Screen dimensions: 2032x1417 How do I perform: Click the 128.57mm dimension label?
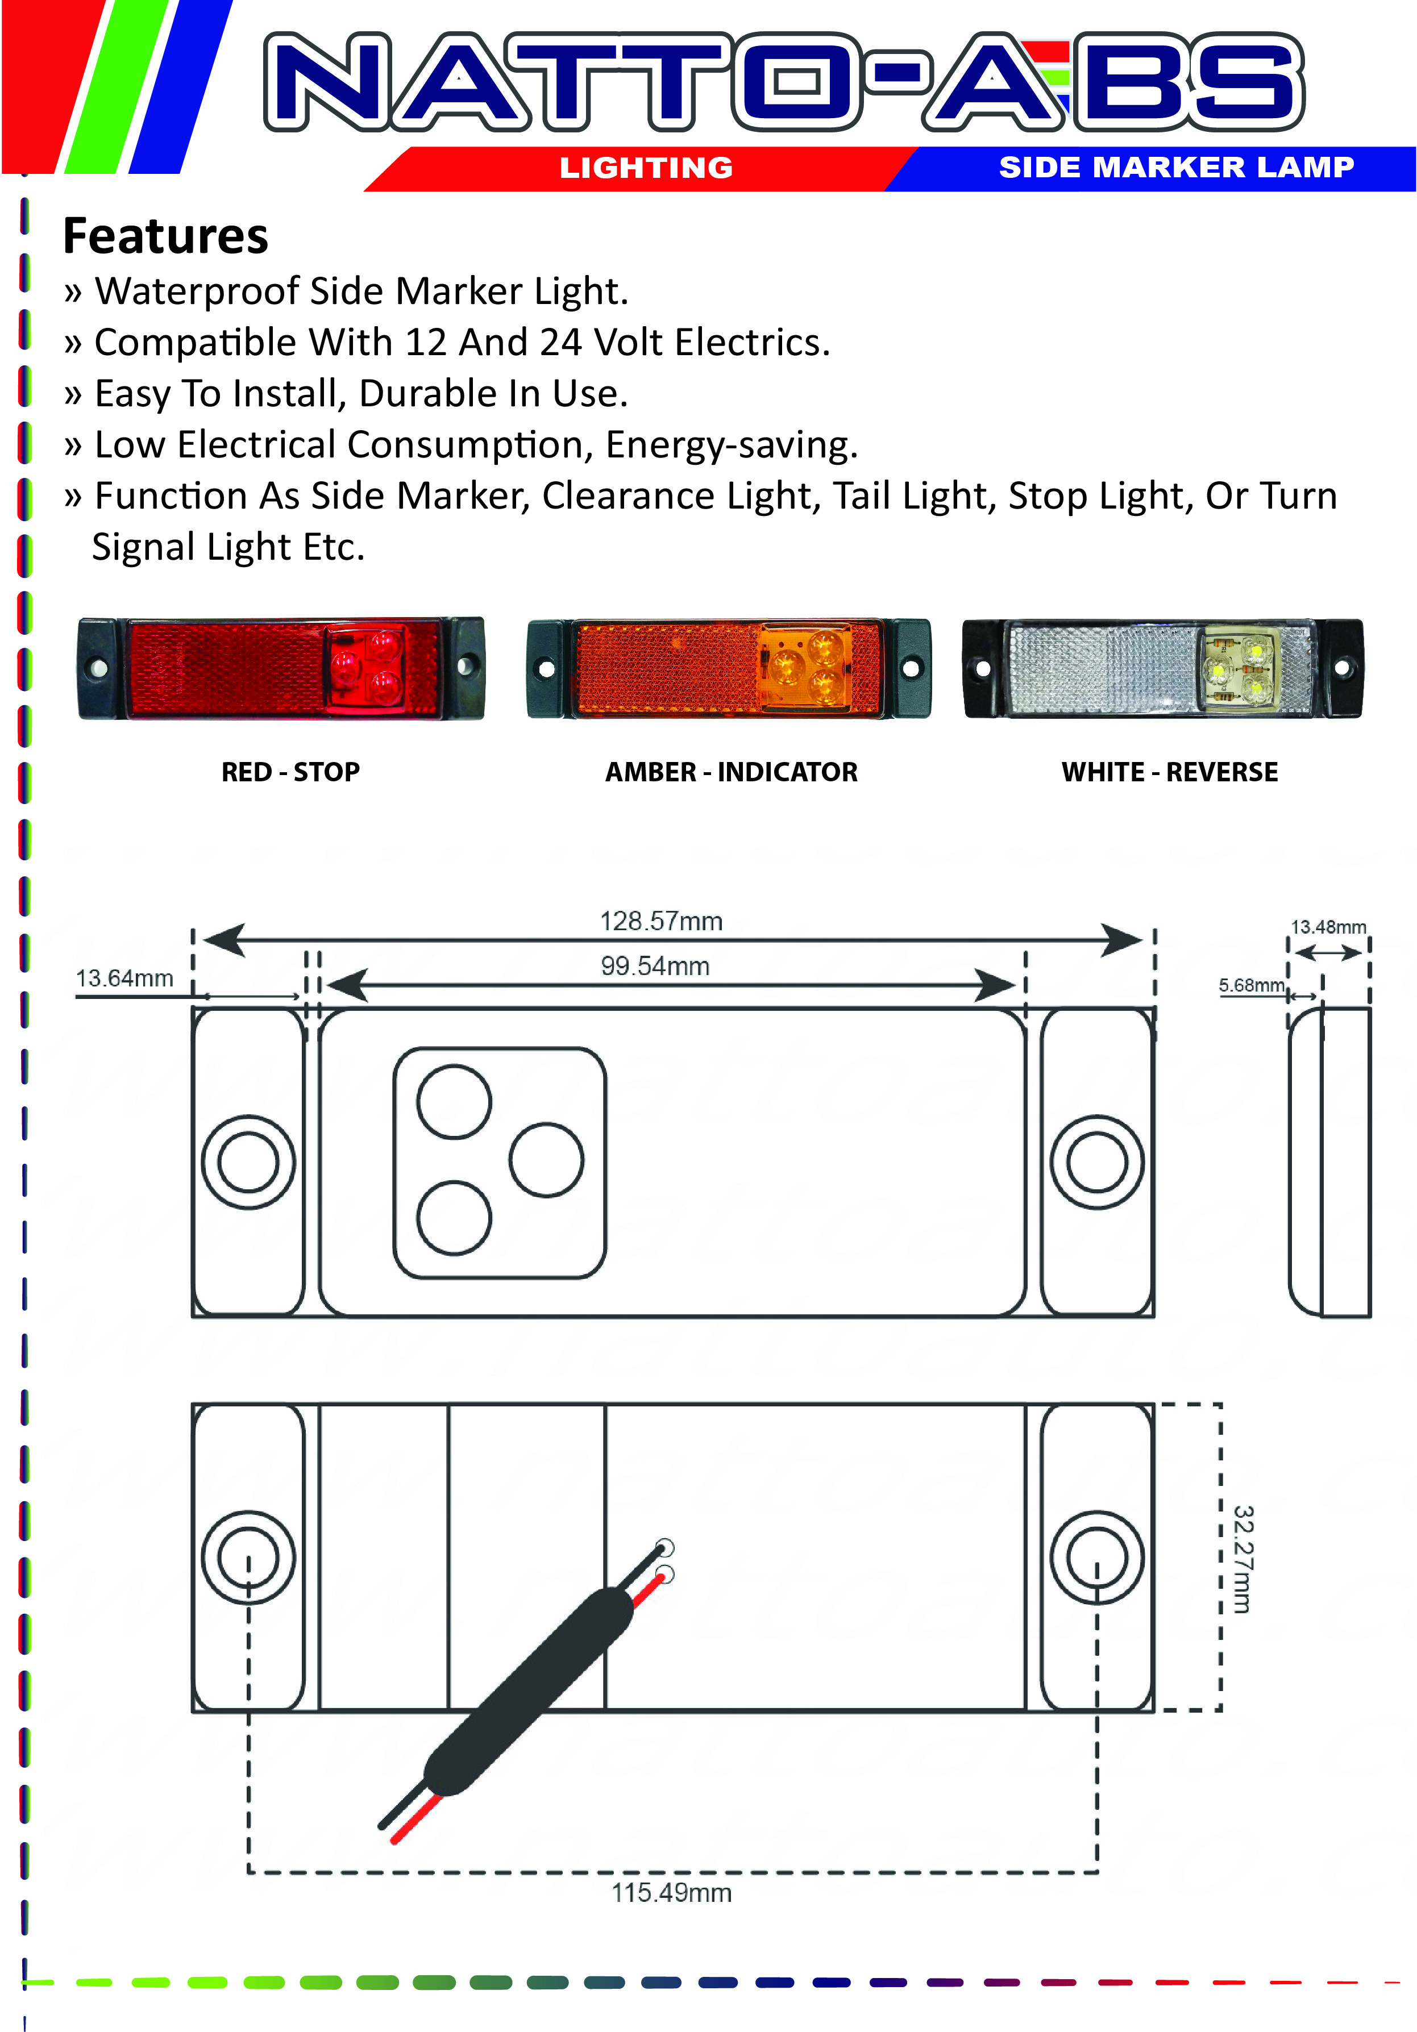click(x=661, y=921)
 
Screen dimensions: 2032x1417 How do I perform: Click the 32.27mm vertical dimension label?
click(x=1243, y=1559)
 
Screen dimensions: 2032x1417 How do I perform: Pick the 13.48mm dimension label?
click(x=1328, y=927)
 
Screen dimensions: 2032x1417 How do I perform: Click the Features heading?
click(x=165, y=236)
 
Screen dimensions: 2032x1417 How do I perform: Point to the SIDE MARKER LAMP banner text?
click(x=1176, y=166)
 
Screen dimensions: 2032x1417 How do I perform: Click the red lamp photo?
click(x=281, y=668)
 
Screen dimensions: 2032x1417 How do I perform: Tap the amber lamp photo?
click(x=729, y=668)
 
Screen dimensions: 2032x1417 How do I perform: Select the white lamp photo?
click(x=1163, y=668)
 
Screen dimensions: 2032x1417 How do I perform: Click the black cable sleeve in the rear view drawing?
click(x=529, y=1690)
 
